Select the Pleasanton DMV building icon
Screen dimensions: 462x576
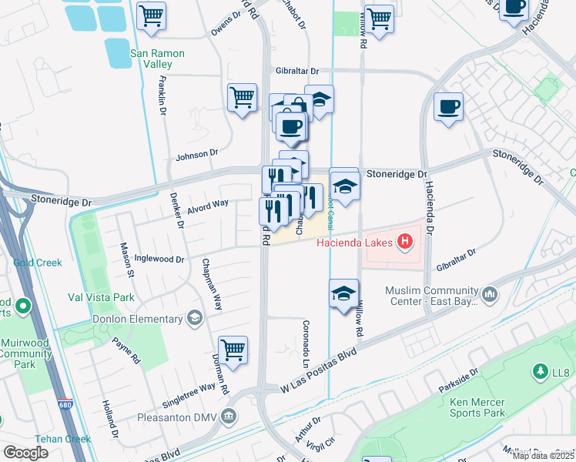point(229,417)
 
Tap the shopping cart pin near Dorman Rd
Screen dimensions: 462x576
point(233,349)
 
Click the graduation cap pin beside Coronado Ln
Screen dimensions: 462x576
point(343,293)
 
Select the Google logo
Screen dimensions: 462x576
point(25,452)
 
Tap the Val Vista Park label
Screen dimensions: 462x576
point(101,297)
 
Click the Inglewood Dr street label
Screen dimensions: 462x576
point(159,259)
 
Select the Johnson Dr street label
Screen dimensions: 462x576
point(197,156)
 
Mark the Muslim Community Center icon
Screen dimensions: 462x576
point(491,295)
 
